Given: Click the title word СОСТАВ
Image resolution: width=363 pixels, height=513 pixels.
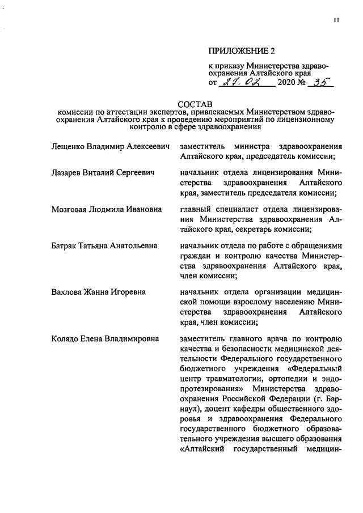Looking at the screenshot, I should tap(194, 104).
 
